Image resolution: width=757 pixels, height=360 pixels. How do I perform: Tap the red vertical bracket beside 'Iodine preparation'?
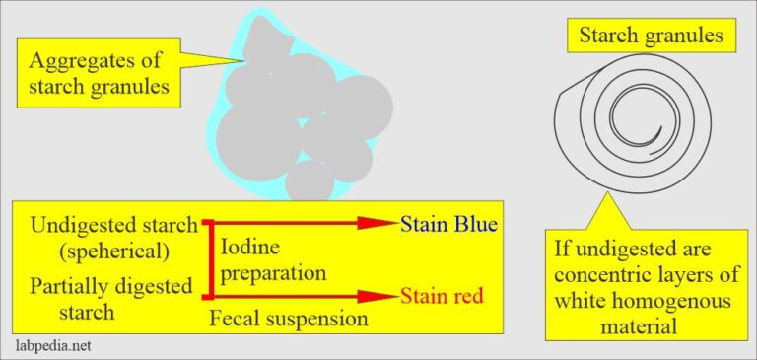209,258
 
